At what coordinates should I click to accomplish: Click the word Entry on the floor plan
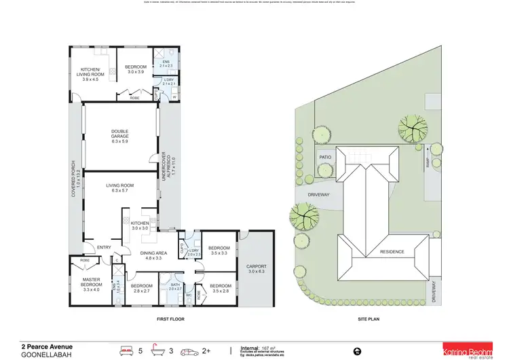tap(104, 247)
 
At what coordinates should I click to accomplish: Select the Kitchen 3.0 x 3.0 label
tap(139, 226)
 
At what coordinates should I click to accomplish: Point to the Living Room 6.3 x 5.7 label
tap(120, 188)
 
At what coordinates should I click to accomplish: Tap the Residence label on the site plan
tap(392, 251)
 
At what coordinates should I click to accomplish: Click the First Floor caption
tap(170, 319)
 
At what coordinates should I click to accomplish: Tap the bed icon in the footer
tap(125, 350)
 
